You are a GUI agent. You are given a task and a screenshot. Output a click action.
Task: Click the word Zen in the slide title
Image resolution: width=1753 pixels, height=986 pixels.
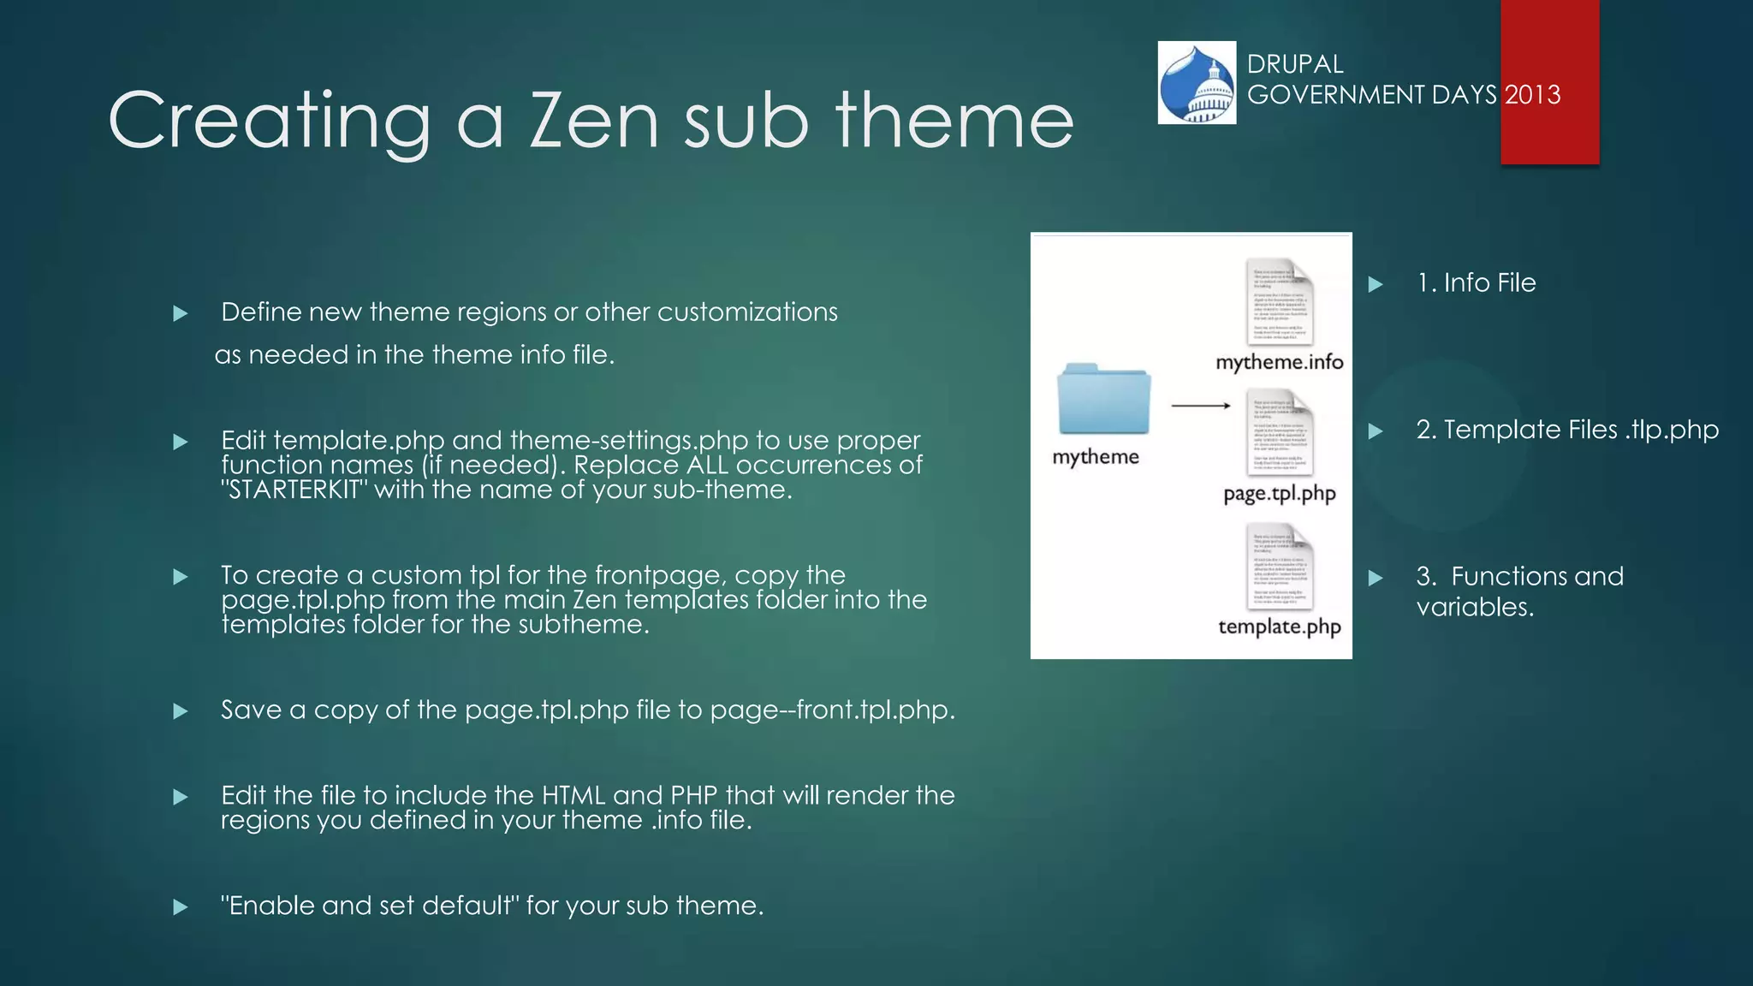click(594, 121)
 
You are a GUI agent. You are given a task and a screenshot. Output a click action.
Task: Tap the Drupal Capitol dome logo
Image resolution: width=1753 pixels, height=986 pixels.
click(1197, 83)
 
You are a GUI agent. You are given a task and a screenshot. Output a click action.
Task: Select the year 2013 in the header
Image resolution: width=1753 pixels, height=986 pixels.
click(1532, 94)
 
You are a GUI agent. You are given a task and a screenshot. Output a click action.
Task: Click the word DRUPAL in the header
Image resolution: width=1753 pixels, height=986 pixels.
click(1294, 64)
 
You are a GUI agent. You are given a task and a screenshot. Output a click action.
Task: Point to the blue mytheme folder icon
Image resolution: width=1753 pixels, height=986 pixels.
click(1102, 399)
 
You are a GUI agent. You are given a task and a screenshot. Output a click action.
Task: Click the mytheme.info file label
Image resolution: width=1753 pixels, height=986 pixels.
click(1279, 362)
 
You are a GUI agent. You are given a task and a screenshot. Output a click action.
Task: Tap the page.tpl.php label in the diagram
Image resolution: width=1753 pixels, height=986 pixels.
click(1279, 494)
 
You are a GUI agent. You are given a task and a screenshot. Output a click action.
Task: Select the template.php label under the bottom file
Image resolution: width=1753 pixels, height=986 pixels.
click(1279, 627)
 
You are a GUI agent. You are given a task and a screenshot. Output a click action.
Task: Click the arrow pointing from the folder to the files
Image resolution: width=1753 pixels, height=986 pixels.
click(1200, 405)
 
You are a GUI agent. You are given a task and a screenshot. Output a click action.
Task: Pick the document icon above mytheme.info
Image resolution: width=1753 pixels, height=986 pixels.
click(1279, 301)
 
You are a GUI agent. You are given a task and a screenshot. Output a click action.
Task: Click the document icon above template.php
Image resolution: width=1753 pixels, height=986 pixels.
click(1279, 567)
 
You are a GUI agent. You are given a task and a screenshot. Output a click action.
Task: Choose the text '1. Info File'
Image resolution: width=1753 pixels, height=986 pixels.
click(1476, 282)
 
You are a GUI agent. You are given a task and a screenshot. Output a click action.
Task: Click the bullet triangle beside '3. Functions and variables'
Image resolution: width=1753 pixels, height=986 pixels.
click(1376, 578)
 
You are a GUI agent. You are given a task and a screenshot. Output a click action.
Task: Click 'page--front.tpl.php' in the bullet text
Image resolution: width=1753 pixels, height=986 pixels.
click(832, 710)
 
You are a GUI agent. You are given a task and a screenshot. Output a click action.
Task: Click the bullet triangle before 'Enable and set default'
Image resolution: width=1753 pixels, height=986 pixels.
click(180, 906)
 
